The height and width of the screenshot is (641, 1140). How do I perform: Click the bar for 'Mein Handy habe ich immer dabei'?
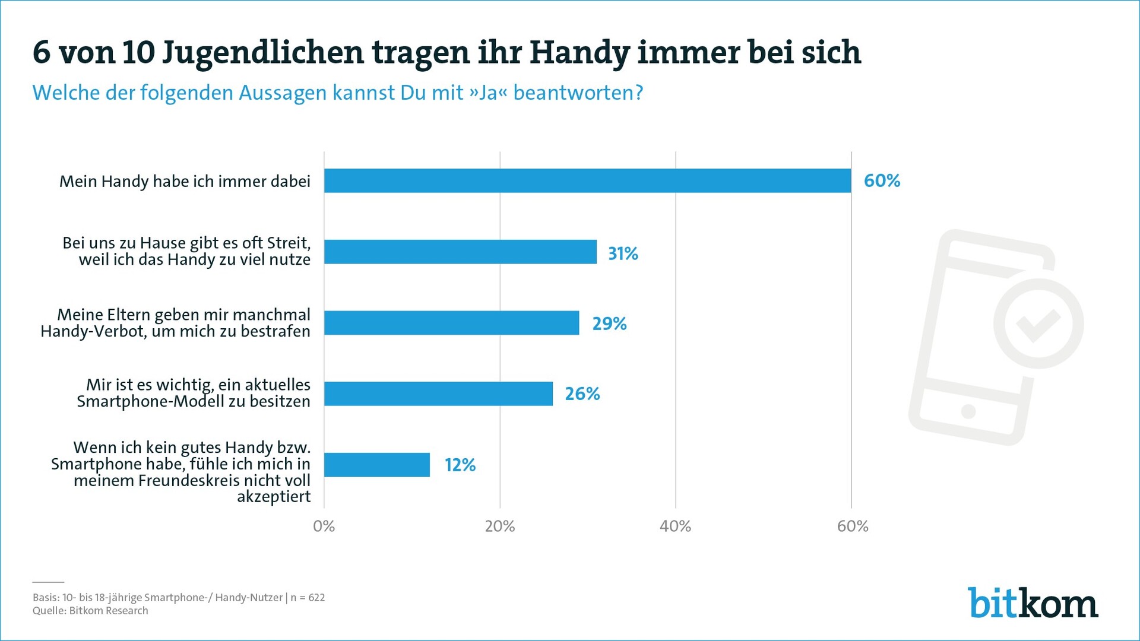tap(587, 180)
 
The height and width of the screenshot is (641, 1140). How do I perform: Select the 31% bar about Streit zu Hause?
tap(460, 252)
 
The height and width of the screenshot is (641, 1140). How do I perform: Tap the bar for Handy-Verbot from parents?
tap(451, 323)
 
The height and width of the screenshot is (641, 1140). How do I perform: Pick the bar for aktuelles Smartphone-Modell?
tap(438, 394)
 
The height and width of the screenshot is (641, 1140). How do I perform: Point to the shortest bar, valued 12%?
tap(376, 465)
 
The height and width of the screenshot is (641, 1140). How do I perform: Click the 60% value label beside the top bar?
tap(882, 180)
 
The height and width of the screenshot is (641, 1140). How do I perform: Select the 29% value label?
tap(609, 323)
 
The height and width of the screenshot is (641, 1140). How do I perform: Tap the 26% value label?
tap(582, 394)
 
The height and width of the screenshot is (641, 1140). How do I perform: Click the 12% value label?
tap(460, 465)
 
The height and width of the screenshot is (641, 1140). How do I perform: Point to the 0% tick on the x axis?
tap(324, 526)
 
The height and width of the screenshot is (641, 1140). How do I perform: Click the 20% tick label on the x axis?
tap(499, 526)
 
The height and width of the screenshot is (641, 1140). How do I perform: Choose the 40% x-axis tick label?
tap(675, 526)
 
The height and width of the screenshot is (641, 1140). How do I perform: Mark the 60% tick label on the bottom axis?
tap(852, 526)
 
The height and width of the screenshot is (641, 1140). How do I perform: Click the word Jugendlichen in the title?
tap(262, 53)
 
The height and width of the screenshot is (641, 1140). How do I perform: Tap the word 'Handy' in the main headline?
tap(578, 53)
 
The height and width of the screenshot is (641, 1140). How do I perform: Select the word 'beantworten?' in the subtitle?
tap(578, 93)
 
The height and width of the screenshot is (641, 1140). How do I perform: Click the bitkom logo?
tap(1033, 603)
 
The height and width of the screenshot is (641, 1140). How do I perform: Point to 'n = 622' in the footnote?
tap(308, 598)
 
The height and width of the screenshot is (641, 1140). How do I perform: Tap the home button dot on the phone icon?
tap(968, 411)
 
